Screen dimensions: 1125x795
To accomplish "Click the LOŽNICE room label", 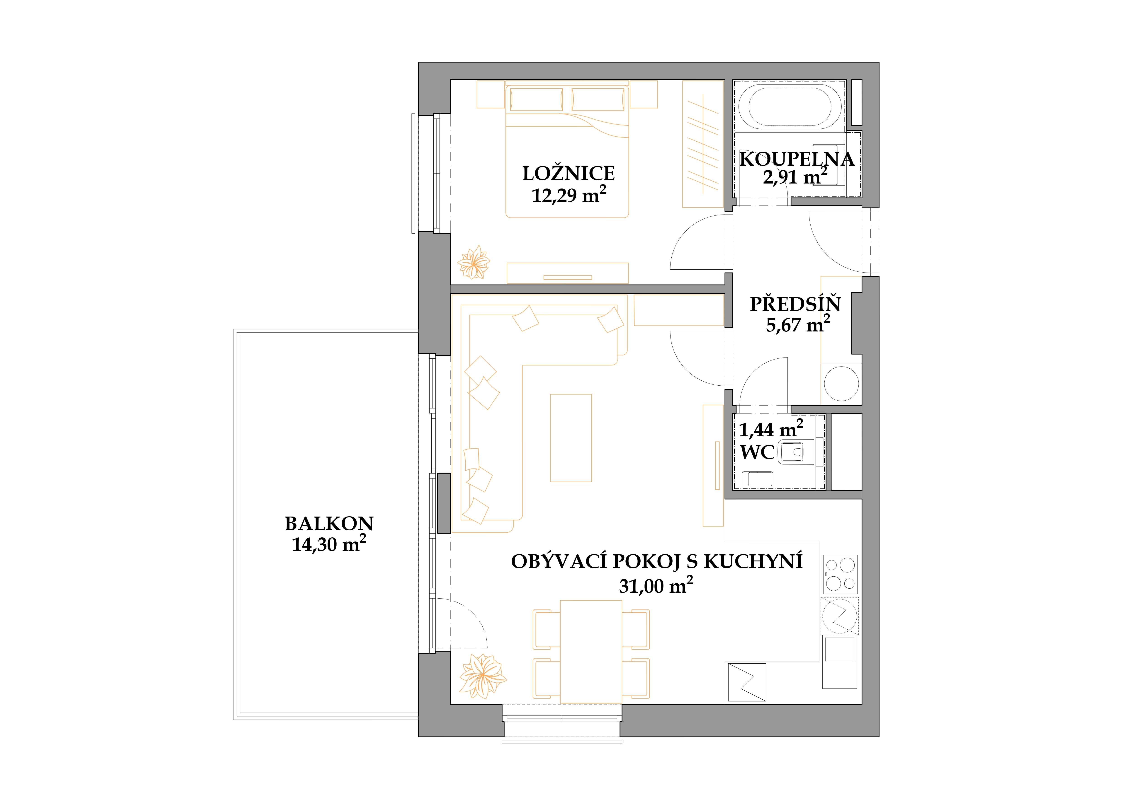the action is [x=568, y=173].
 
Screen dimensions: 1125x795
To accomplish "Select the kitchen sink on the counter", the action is [x=840, y=650].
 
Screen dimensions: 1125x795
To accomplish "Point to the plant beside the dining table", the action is [x=483, y=676].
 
